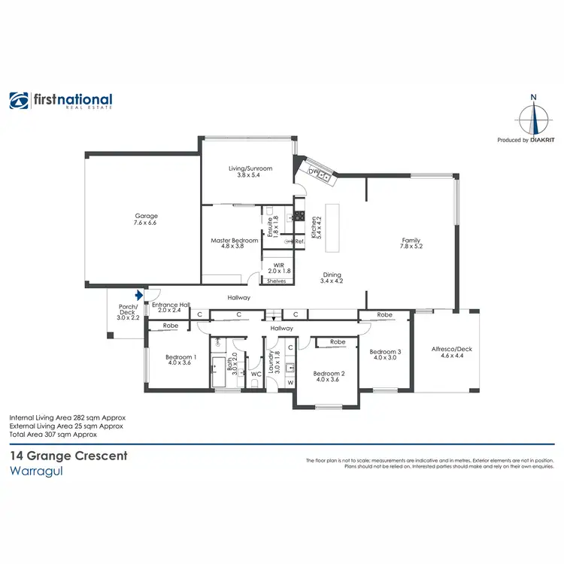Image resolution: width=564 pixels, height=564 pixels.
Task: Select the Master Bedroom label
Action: click(235, 244)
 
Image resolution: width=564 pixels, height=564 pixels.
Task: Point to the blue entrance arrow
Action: click(138, 297)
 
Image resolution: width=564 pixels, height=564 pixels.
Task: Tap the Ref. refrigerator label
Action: click(299, 241)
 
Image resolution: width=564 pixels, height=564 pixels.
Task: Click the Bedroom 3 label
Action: click(384, 354)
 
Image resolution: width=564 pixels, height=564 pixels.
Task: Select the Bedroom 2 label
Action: click(329, 378)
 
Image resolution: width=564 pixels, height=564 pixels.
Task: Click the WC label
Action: click(256, 373)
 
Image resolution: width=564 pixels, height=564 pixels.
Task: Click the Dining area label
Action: click(332, 278)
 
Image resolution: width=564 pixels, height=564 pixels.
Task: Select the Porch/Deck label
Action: click(127, 312)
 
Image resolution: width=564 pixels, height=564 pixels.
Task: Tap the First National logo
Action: click(61, 102)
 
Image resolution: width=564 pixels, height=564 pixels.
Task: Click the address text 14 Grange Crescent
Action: click(68, 456)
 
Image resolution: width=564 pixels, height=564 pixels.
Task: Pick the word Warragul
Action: click(36, 472)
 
